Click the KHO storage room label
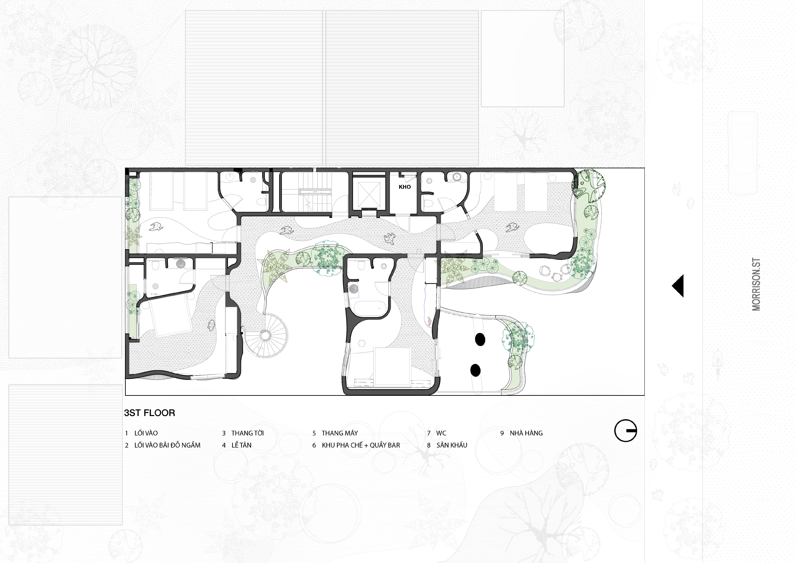pyautogui.click(x=405, y=187)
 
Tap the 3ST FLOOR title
pyautogui.click(x=150, y=413)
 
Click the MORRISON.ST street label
pyautogui.click(x=756, y=284)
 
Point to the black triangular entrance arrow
pyautogui.click(x=678, y=286)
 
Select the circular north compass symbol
pyautogui.click(x=626, y=431)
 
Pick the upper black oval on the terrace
pyautogui.click(x=480, y=340)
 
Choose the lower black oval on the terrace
pyautogui.click(x=475, y=370)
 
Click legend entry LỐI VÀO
pyautogui.click(x=146, y=433)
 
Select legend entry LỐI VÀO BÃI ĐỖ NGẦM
pyautogui.click(x=167, y=445)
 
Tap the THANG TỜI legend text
pyautogui.click(x=247, y=433)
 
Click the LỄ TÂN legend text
pyautogui.click(x=242, y=445)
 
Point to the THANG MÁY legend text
pyautogui.click(x=340, y=433)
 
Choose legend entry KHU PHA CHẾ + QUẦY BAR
pyautogui.click(x=361, y=445)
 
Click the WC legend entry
pyautogui.click(x=441, y=433)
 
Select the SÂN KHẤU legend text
pyautogui.click(x=452, y=445)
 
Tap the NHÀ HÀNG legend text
pyautogui.click(x=526, y=433)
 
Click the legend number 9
pyautogui.click(x=502, y=433)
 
